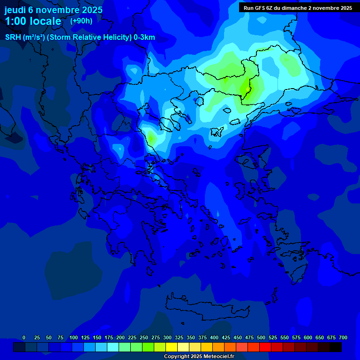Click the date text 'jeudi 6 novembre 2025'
(x=53, y=10)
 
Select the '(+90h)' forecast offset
(x=81, y=21)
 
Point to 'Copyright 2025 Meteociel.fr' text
(x=199, y=356)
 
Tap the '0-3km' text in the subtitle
(x=144, y=37)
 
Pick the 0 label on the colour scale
(x=24, y=337)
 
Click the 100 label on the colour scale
(x=74, y=337)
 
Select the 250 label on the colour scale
(x=144, y=337)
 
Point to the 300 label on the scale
(x=167, y=337)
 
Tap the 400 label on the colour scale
(x=214, y=337)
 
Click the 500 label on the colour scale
(x=261, y=337)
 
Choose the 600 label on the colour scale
(x=308, y=337)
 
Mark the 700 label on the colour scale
(x=343, y=337)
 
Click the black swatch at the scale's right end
(x=336, y=347)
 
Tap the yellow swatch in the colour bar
(x=172, y=347)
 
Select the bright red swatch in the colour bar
(x=265, y=347)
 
